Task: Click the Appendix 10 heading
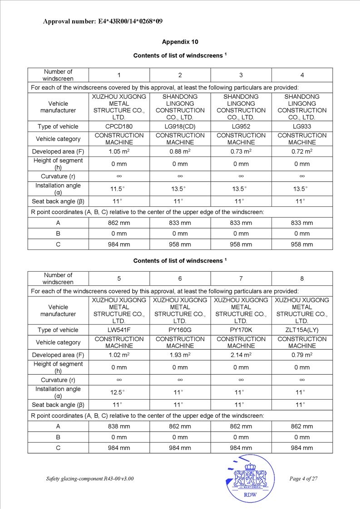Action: coord(180,42)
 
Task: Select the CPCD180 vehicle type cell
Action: coord(119,127)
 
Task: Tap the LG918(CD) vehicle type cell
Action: coord(180,127)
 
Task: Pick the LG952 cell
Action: coord(241,127)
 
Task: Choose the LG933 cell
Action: coord(302,127)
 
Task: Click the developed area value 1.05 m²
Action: coord(119,152)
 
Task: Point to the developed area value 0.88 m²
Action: coord(180,152)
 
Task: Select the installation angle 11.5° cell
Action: coord(119,189)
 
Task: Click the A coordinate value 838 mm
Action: coord(119,426)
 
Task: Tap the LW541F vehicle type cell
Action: coord(119,330)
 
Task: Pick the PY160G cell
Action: coord(180,330)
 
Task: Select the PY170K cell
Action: coord(241,330)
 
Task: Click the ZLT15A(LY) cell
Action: coord(302,330)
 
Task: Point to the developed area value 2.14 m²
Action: coord(241,355)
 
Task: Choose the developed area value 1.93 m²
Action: coord(180,355)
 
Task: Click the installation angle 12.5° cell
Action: coord(119,392)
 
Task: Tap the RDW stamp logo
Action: coord(250,479)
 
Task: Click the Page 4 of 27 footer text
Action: coord(303,479)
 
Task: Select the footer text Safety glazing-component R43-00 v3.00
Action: coord(90,479)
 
